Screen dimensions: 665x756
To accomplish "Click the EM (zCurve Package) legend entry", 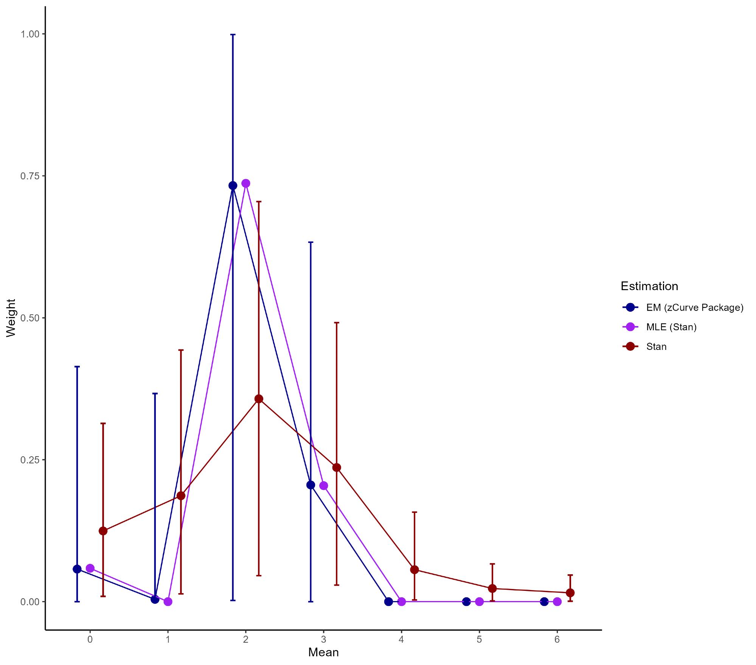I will [694, 308].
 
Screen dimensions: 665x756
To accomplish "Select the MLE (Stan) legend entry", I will [671, 327].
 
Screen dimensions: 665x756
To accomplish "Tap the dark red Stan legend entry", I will [656, 347].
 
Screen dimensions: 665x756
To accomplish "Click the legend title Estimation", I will [649, 286].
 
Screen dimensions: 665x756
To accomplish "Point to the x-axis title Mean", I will [323, 652].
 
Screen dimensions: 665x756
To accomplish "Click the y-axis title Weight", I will [11, 318].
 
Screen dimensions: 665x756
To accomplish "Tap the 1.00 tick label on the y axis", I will [30, 34].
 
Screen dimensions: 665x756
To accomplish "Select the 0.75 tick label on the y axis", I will [30, 176].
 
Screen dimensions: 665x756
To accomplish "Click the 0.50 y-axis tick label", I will [30, 318].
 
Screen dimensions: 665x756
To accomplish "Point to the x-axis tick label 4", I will [401, 639].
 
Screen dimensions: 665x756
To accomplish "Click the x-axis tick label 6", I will [557, 639].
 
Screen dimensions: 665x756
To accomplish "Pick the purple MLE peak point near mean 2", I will [246, 183].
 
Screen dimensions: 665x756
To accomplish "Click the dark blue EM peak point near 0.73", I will [233, 186].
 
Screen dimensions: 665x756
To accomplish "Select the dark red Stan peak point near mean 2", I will [259, 399].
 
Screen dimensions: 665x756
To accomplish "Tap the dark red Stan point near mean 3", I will [337, 468].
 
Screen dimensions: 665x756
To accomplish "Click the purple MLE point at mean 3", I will [324, 486].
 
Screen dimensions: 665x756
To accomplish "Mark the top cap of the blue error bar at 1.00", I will [233, 34].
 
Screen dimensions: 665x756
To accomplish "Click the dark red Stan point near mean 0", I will [103, 531].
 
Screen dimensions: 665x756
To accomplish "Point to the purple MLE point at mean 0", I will [90, 568].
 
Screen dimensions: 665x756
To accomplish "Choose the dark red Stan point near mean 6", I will [570, 593].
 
